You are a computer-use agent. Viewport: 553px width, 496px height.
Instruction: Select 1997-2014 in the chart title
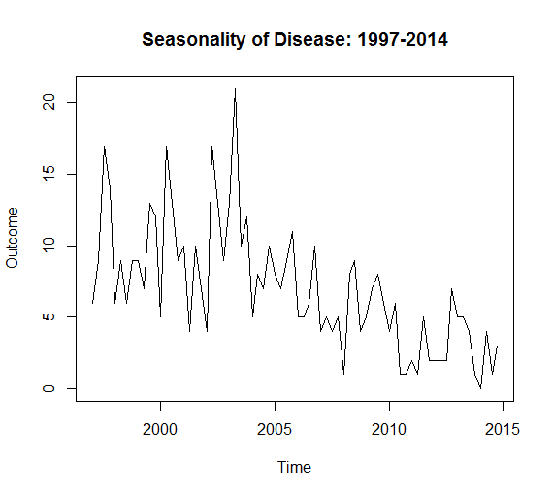tap(403, 39)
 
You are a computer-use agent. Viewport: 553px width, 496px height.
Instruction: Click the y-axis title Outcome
tap(12, 238)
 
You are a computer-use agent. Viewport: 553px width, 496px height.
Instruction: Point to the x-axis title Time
tap(294, 467)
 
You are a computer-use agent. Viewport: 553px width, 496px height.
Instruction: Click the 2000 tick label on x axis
tap(160, 429)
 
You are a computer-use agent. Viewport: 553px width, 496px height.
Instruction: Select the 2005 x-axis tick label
tap(275, 429)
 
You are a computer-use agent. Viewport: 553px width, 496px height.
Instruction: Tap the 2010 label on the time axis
tap(389, 429)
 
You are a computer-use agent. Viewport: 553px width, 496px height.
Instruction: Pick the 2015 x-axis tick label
tap(503, 429)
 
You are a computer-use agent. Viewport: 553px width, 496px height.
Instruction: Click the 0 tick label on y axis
tap(49, 388)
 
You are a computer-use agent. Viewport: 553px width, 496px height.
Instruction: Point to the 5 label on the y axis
tap(49, 316)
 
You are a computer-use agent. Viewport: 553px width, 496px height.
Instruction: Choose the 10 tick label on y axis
tap(49, 246)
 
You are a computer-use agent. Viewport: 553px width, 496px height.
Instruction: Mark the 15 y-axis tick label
tap(49, 174)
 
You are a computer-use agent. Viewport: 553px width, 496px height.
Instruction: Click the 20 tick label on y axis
tap(49, 102)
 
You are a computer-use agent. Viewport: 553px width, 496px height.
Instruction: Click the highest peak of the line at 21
tap(235, 88)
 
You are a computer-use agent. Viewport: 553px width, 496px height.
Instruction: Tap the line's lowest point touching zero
tap(480, 388)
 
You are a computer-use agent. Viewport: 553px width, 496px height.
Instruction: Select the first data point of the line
tap(92, 303)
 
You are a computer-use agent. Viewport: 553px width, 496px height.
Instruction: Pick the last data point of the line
tap(498, 346)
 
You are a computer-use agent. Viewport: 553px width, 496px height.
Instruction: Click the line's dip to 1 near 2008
tap(343, 374)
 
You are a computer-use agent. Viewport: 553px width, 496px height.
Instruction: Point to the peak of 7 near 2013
tap(452, 288)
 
